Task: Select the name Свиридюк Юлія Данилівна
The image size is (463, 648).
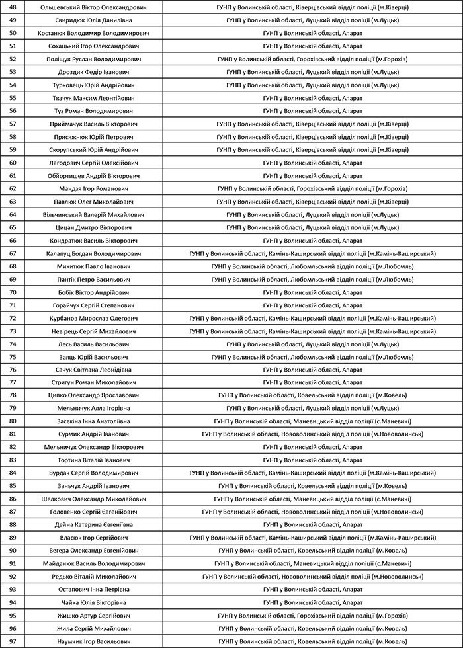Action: coord(93,20)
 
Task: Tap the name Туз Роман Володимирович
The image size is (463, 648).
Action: coord(93,110)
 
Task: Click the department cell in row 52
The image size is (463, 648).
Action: coord(312,59)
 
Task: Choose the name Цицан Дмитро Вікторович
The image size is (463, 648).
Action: coord(93,227)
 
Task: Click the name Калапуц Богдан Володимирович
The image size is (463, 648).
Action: coord(93,253)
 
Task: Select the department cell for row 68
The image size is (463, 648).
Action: coord(312,266)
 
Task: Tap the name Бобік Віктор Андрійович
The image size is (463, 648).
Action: coord(93,292)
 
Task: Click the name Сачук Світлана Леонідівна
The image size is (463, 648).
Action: coord(93,370)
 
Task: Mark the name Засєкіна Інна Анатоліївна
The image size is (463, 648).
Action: coord(93,421)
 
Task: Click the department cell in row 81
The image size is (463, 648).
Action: coord(312,434)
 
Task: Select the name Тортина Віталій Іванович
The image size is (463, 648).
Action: coord(93,460)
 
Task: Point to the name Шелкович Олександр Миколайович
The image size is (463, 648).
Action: coord(93,499)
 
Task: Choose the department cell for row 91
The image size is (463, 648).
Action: coord(312,563)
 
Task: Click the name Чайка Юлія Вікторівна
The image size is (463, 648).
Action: coord(93,602)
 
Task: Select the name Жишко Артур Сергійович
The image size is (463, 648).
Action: coord(93,616)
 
